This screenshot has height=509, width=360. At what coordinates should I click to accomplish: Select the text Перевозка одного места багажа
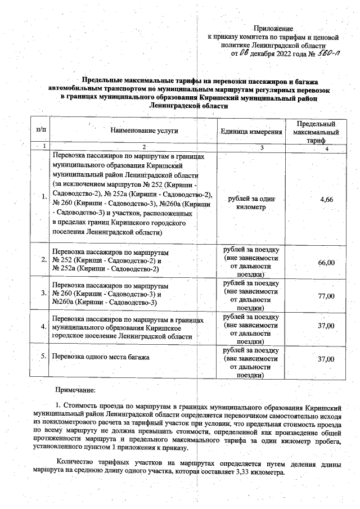click(101, 357)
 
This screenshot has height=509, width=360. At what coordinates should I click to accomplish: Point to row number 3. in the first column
click(43, 293)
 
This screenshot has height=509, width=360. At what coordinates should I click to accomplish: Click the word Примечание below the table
click(75, 389)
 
